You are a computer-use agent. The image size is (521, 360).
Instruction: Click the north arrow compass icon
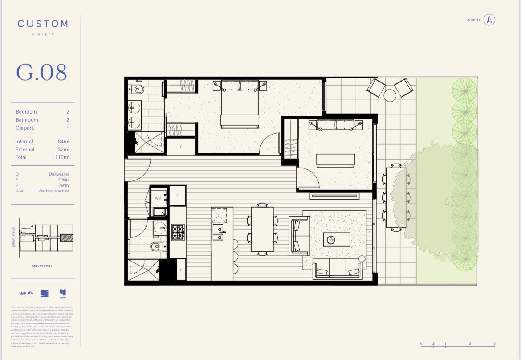pyautogui.click(x=489, y=20)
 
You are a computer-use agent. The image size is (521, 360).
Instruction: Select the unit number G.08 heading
pyautogui.click(x=42, y=72)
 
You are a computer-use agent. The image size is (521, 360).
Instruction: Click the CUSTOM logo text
pyautogui.click(x=43, y=24)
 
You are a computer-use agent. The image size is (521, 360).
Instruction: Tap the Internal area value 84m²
pyautogui.click(x=64, y=142)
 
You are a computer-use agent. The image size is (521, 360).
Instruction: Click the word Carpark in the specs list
pyautogui.click(x=25, y=128)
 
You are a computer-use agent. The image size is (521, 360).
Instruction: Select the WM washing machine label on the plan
pyautogui.click(x=158, y=198)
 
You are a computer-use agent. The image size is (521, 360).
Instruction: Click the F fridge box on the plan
pyautogui.click(x=177, y=196)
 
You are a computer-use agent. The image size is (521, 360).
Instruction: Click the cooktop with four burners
pyautogui.click(x=178, y=232)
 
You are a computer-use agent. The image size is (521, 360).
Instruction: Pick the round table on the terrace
pyautogui.click(x=390, y=95)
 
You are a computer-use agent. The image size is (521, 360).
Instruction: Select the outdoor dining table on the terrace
pyautogui.click(x=396, y=197)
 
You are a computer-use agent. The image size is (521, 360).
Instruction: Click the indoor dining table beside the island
pyautogui.click(x=262, y=229)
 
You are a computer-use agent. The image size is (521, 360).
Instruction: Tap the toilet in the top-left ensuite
pyautogui.click(x=138, y=89)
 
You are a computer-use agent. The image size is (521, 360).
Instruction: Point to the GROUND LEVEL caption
pyautogui.click(x=42, y=266)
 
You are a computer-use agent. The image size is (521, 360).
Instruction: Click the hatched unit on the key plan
pyautogui.click(x=66, y=238)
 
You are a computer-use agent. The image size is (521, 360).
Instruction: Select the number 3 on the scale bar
pyautogui.click(x=495, y=344)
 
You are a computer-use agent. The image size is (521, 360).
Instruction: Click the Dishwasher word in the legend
pyautogui.click(x=59, y=174)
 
